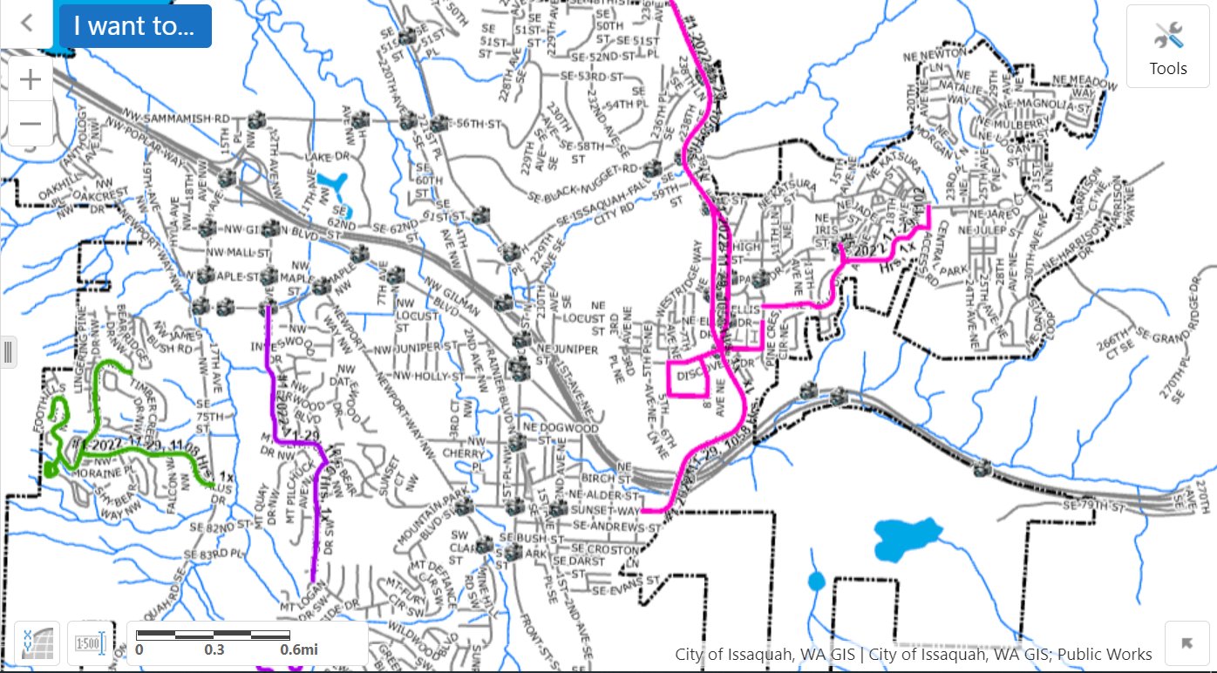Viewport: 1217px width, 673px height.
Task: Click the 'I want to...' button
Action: point(133,25)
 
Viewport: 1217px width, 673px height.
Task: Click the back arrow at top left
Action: point(27,23)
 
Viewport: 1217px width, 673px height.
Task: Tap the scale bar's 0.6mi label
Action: point(298,649)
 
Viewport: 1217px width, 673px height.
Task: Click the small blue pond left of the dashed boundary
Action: point(816,581)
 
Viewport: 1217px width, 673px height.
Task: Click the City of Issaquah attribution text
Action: point(914,654)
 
